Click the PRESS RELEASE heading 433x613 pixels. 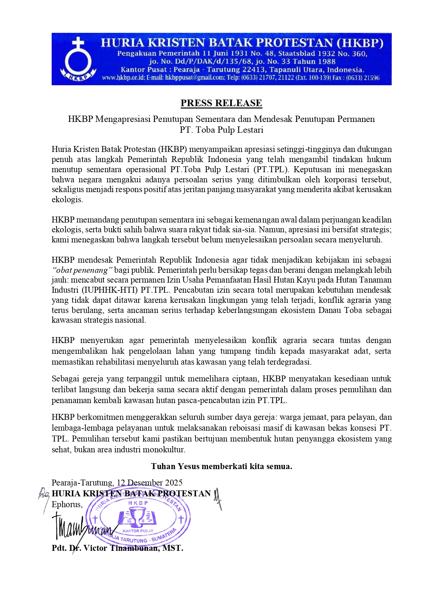221,103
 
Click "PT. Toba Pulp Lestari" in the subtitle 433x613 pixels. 221,130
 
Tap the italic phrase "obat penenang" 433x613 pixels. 82,270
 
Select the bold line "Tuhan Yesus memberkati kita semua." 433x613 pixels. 221,466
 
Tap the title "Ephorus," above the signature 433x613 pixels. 67,504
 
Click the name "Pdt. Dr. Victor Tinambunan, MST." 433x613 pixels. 117,548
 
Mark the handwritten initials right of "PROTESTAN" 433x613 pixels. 218,497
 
